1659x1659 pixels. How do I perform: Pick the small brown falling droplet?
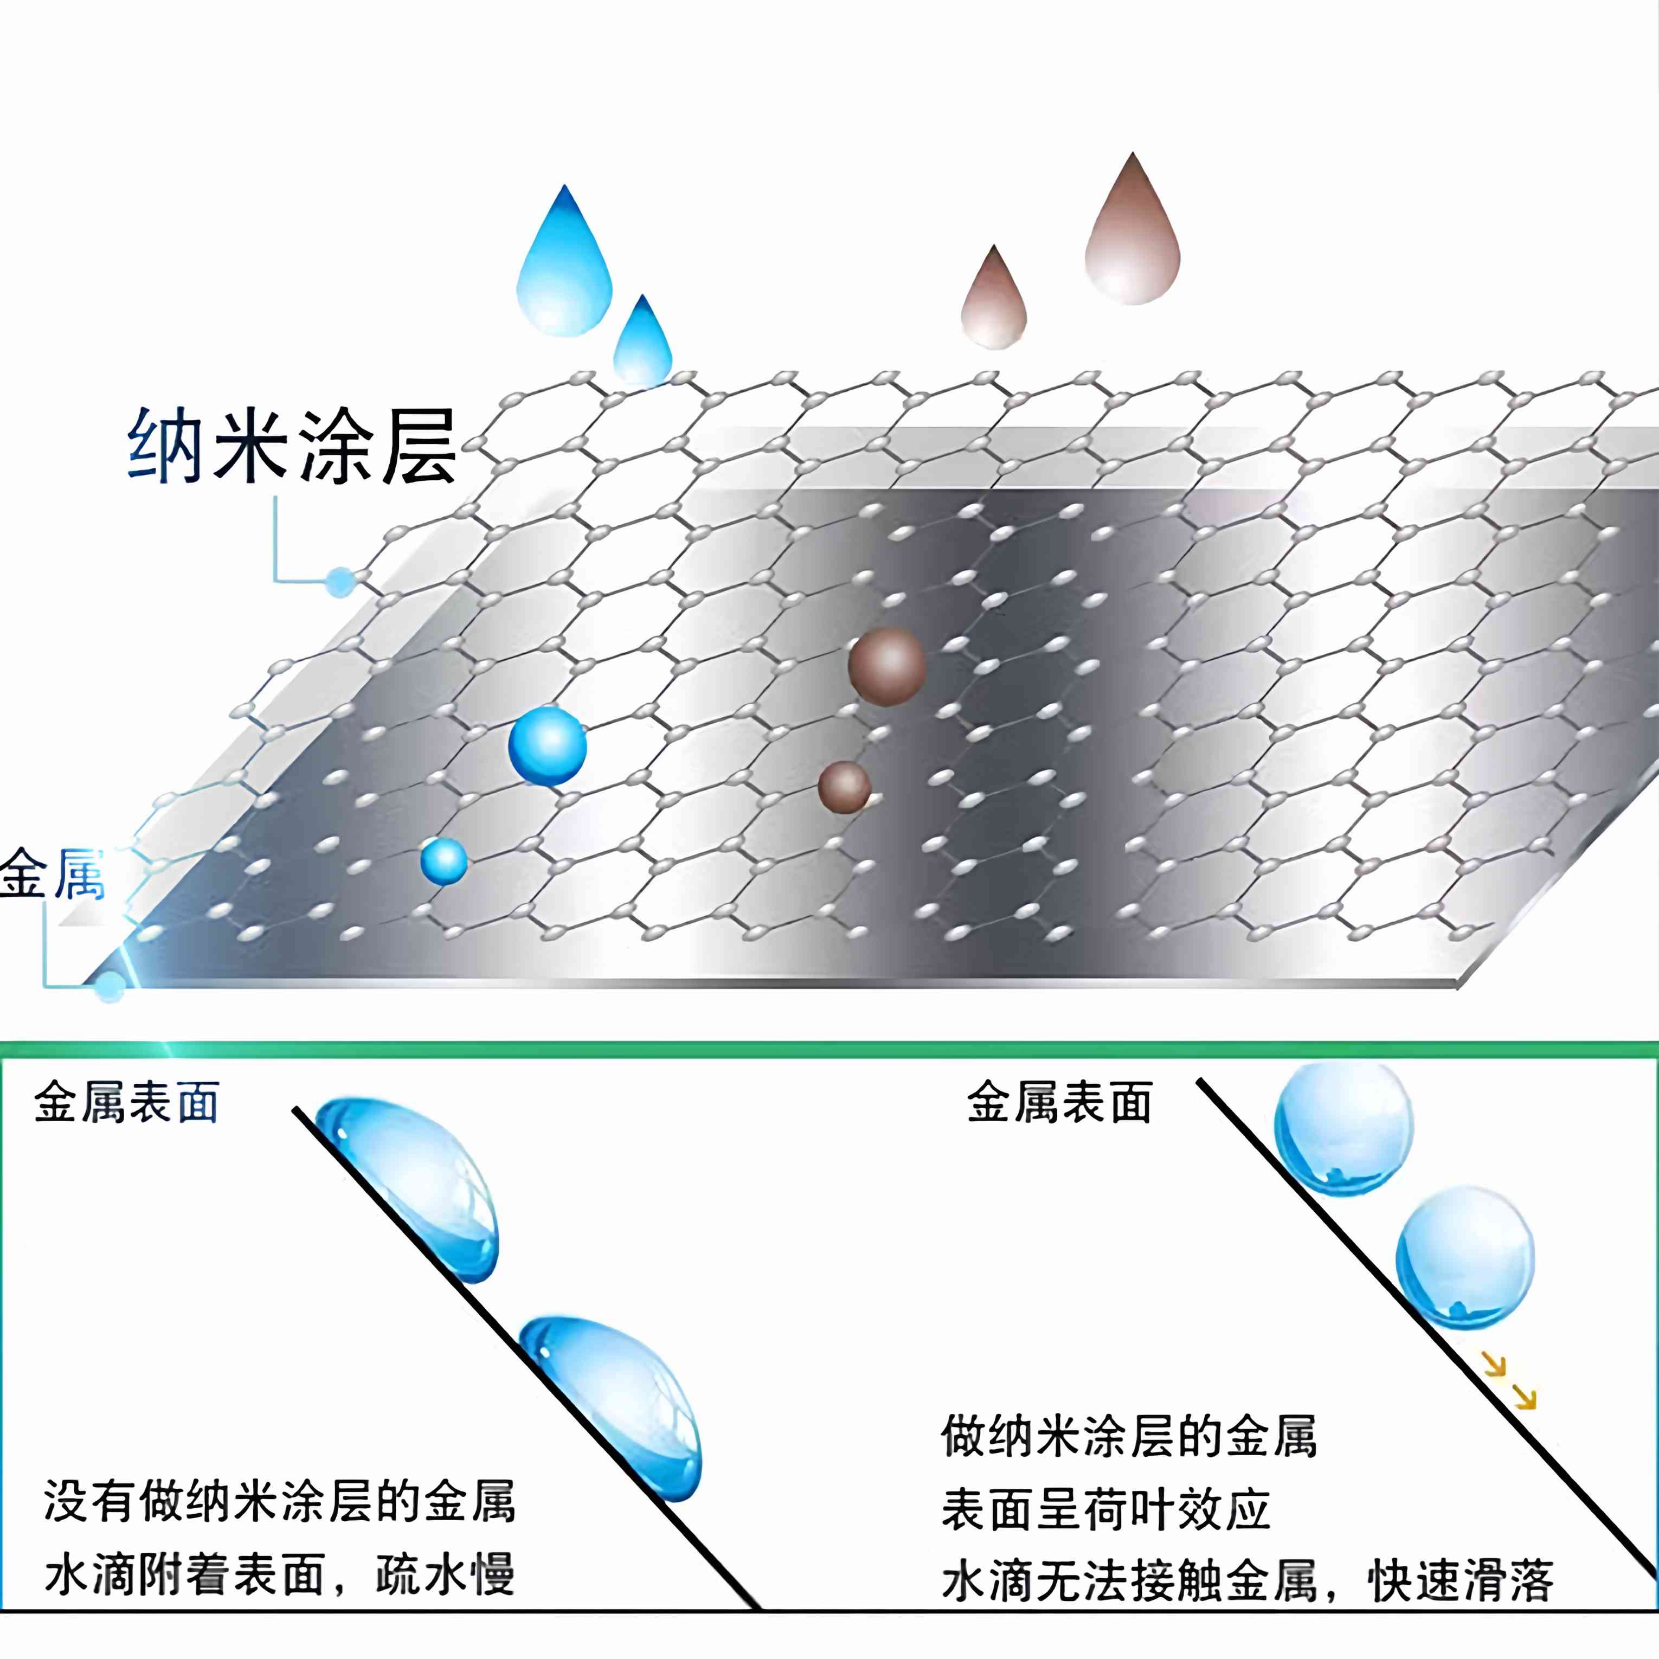click(994, 304)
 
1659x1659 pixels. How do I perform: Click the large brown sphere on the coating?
click(886, 665)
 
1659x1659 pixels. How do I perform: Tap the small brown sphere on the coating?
click(844, 787)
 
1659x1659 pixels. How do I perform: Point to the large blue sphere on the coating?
click(548, 745)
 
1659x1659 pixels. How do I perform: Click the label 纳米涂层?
click(292, 447)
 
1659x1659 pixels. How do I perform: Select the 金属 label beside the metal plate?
click(52, 874)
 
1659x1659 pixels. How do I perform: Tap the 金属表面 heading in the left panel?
click(127, 1103)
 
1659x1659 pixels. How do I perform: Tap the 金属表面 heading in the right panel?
click(1059, 1103)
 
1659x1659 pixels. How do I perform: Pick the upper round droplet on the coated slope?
click(1343, 1128)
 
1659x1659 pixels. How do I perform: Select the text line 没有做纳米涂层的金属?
click(280, 1502)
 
